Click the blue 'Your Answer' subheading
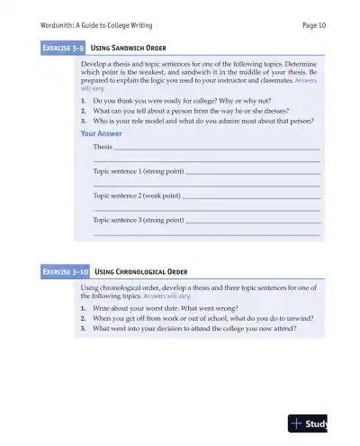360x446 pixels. tap(101, 133)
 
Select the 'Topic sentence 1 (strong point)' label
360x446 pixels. tap(139, 171)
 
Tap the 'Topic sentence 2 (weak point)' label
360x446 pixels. tap(137, 196)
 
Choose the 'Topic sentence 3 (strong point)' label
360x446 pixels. tap(139, 220)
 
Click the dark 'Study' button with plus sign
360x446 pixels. tap(307, 423)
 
